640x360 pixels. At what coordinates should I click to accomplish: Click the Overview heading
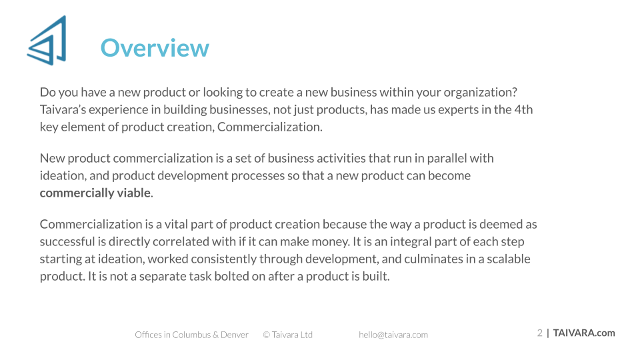[155, 48]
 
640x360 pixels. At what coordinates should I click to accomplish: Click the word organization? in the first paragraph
[481, 93]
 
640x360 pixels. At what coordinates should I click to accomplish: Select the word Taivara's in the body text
[63, 110]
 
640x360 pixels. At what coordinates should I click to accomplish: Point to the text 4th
[523, 110]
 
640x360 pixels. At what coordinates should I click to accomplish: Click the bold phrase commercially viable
[95, 193]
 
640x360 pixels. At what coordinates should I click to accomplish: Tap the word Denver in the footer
[234, 335]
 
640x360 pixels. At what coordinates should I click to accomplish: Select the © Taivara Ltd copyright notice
[288, 335]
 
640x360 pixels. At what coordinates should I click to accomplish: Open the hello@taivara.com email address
[393, 335]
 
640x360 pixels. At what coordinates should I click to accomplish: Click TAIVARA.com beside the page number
[584, 333]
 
